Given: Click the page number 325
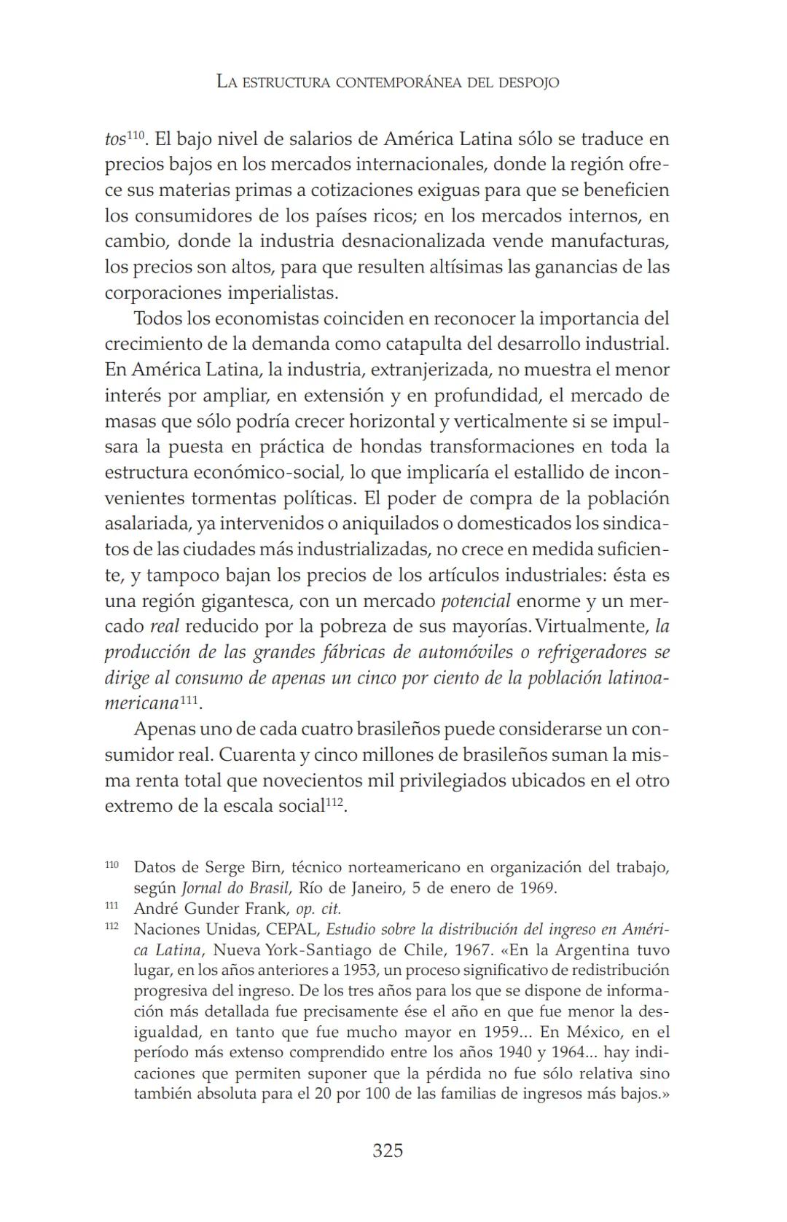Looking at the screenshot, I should pos(387,1151).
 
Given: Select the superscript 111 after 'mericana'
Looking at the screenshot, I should pos(189,700).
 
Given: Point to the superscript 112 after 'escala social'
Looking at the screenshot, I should pos(334,802).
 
